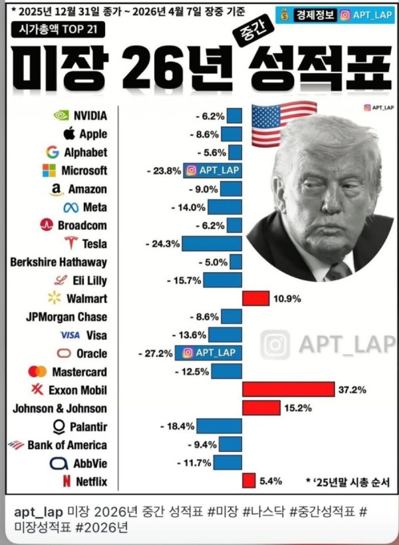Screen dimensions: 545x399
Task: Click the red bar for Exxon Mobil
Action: [288, 389]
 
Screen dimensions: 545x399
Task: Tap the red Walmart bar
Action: [256, 298]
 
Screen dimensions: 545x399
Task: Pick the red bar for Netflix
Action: [249, 480]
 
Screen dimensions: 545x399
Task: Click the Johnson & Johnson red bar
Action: [261, 407]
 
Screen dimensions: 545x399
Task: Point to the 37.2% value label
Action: [352, 390]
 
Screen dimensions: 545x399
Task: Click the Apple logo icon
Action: [68, 133]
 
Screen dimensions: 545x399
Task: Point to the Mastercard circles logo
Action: [37, 371]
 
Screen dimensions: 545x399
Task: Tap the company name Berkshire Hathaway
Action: [59, 262]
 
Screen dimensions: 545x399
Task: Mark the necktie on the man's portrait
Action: [338, 270]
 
